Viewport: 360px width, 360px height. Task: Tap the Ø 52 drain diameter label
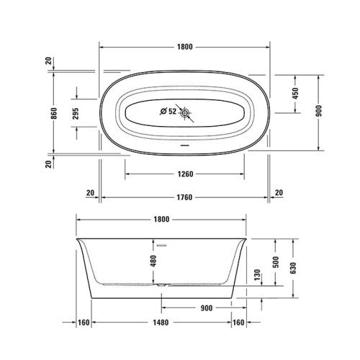click(166, 112)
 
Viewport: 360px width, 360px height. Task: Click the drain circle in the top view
click(186, 112)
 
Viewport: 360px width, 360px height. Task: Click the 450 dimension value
click(294, 94)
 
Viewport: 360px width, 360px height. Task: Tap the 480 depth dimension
click(152, 262)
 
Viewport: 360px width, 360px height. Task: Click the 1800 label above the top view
click(184, 47)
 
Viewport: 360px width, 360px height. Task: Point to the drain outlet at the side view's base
click(163, 285)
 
